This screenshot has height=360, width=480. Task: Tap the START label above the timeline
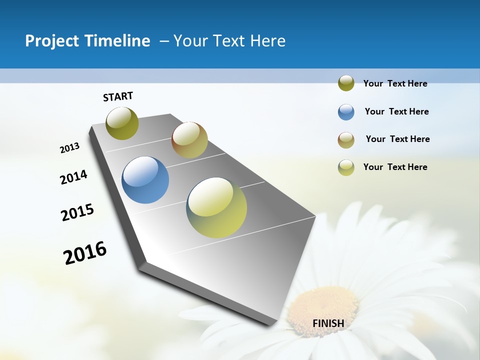[118, 96]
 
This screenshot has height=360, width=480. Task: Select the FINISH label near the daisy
[328, 323]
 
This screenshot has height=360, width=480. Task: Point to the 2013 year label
[69, 148]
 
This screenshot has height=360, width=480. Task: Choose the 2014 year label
[73, 177]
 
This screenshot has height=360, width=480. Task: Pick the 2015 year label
[77, 212]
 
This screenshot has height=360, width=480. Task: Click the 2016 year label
[85, 252]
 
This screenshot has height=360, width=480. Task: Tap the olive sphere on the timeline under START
[122, 123]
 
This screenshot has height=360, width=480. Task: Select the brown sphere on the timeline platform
[189, 140]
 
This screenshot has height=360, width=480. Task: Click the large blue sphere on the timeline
[145, 180]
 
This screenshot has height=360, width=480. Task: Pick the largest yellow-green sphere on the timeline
[216, 207]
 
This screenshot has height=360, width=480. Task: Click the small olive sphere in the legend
[346, 83]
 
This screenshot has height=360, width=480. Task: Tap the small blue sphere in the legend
[346, 112]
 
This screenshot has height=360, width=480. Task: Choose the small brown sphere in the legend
[346, 140]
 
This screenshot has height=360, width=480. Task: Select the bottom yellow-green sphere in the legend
[346, 167]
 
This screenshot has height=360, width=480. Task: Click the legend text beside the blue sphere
[396, 111]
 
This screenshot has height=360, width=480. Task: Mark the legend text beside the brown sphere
[397, 139]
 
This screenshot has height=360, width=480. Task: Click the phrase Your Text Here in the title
[229, 41]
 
